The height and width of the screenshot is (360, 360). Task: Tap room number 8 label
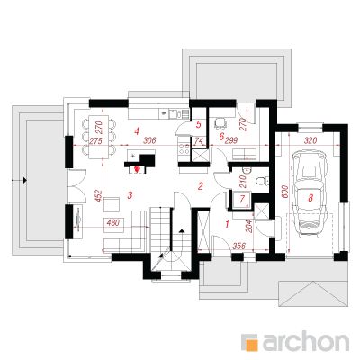coord(310,197)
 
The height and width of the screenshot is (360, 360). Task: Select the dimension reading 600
coord(285,192)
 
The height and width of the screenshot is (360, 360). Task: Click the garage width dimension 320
coord(310,140)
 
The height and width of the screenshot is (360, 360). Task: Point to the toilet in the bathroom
coord(262,182)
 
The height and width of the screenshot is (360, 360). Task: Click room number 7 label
coord(242,198)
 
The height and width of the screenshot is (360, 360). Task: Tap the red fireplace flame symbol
coord(138,169)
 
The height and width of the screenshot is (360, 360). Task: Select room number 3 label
coord(130,195)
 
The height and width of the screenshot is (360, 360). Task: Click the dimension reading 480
coord(113,222)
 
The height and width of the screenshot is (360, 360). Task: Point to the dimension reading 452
coord(99,196)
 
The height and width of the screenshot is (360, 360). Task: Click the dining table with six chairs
coord(99,138)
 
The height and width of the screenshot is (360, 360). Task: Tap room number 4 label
coord(137,131)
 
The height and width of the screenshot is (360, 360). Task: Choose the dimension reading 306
coord(149,140)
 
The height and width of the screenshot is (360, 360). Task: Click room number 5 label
coord(198,124)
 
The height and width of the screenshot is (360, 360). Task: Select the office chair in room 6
coord(220,123)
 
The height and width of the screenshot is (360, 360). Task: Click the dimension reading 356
coord(239,246)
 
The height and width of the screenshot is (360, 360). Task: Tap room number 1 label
coord(227,224)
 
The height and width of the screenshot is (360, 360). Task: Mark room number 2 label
coord(200,186)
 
